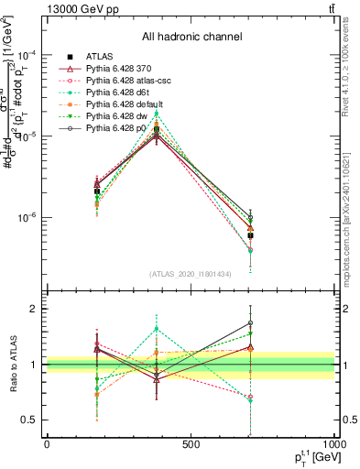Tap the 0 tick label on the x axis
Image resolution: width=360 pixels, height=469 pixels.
(47, 444)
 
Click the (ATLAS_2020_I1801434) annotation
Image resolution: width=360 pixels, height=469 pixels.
(191, 274)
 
